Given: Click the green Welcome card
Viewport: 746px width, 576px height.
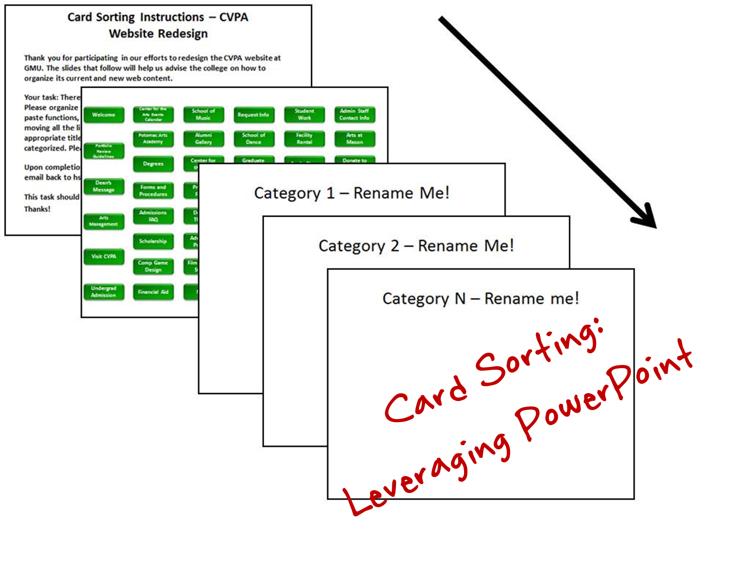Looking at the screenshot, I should (x=104, y=115).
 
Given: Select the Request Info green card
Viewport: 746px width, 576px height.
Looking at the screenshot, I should (x=253, y=115).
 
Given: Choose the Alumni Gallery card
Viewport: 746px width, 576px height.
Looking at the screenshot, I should (x=203, y=139).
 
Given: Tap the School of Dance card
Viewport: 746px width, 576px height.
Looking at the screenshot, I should (x=253, y=139).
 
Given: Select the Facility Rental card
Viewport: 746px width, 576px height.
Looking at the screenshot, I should (x=304, y=139).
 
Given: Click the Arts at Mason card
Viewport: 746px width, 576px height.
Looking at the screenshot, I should (x=354, y=139).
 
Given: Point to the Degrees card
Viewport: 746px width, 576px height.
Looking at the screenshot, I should (x=153, y=164).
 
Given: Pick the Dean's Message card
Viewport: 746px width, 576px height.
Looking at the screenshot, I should (x=104, y=187).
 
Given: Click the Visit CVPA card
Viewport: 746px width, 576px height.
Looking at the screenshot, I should (x=104, y=257).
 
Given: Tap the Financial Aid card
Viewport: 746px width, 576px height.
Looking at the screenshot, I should (x=153, y=292).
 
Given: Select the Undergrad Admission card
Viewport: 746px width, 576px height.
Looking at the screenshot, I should (x=104, y=292).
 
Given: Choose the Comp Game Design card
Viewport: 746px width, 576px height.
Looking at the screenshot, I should (x=153, y=266).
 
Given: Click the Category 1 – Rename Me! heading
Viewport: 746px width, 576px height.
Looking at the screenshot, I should (x=351, y=193).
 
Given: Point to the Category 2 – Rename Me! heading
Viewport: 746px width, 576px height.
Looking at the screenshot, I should (x=416, y=246).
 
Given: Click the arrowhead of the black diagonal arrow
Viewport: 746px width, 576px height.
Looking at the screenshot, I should (x=647, y=219).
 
